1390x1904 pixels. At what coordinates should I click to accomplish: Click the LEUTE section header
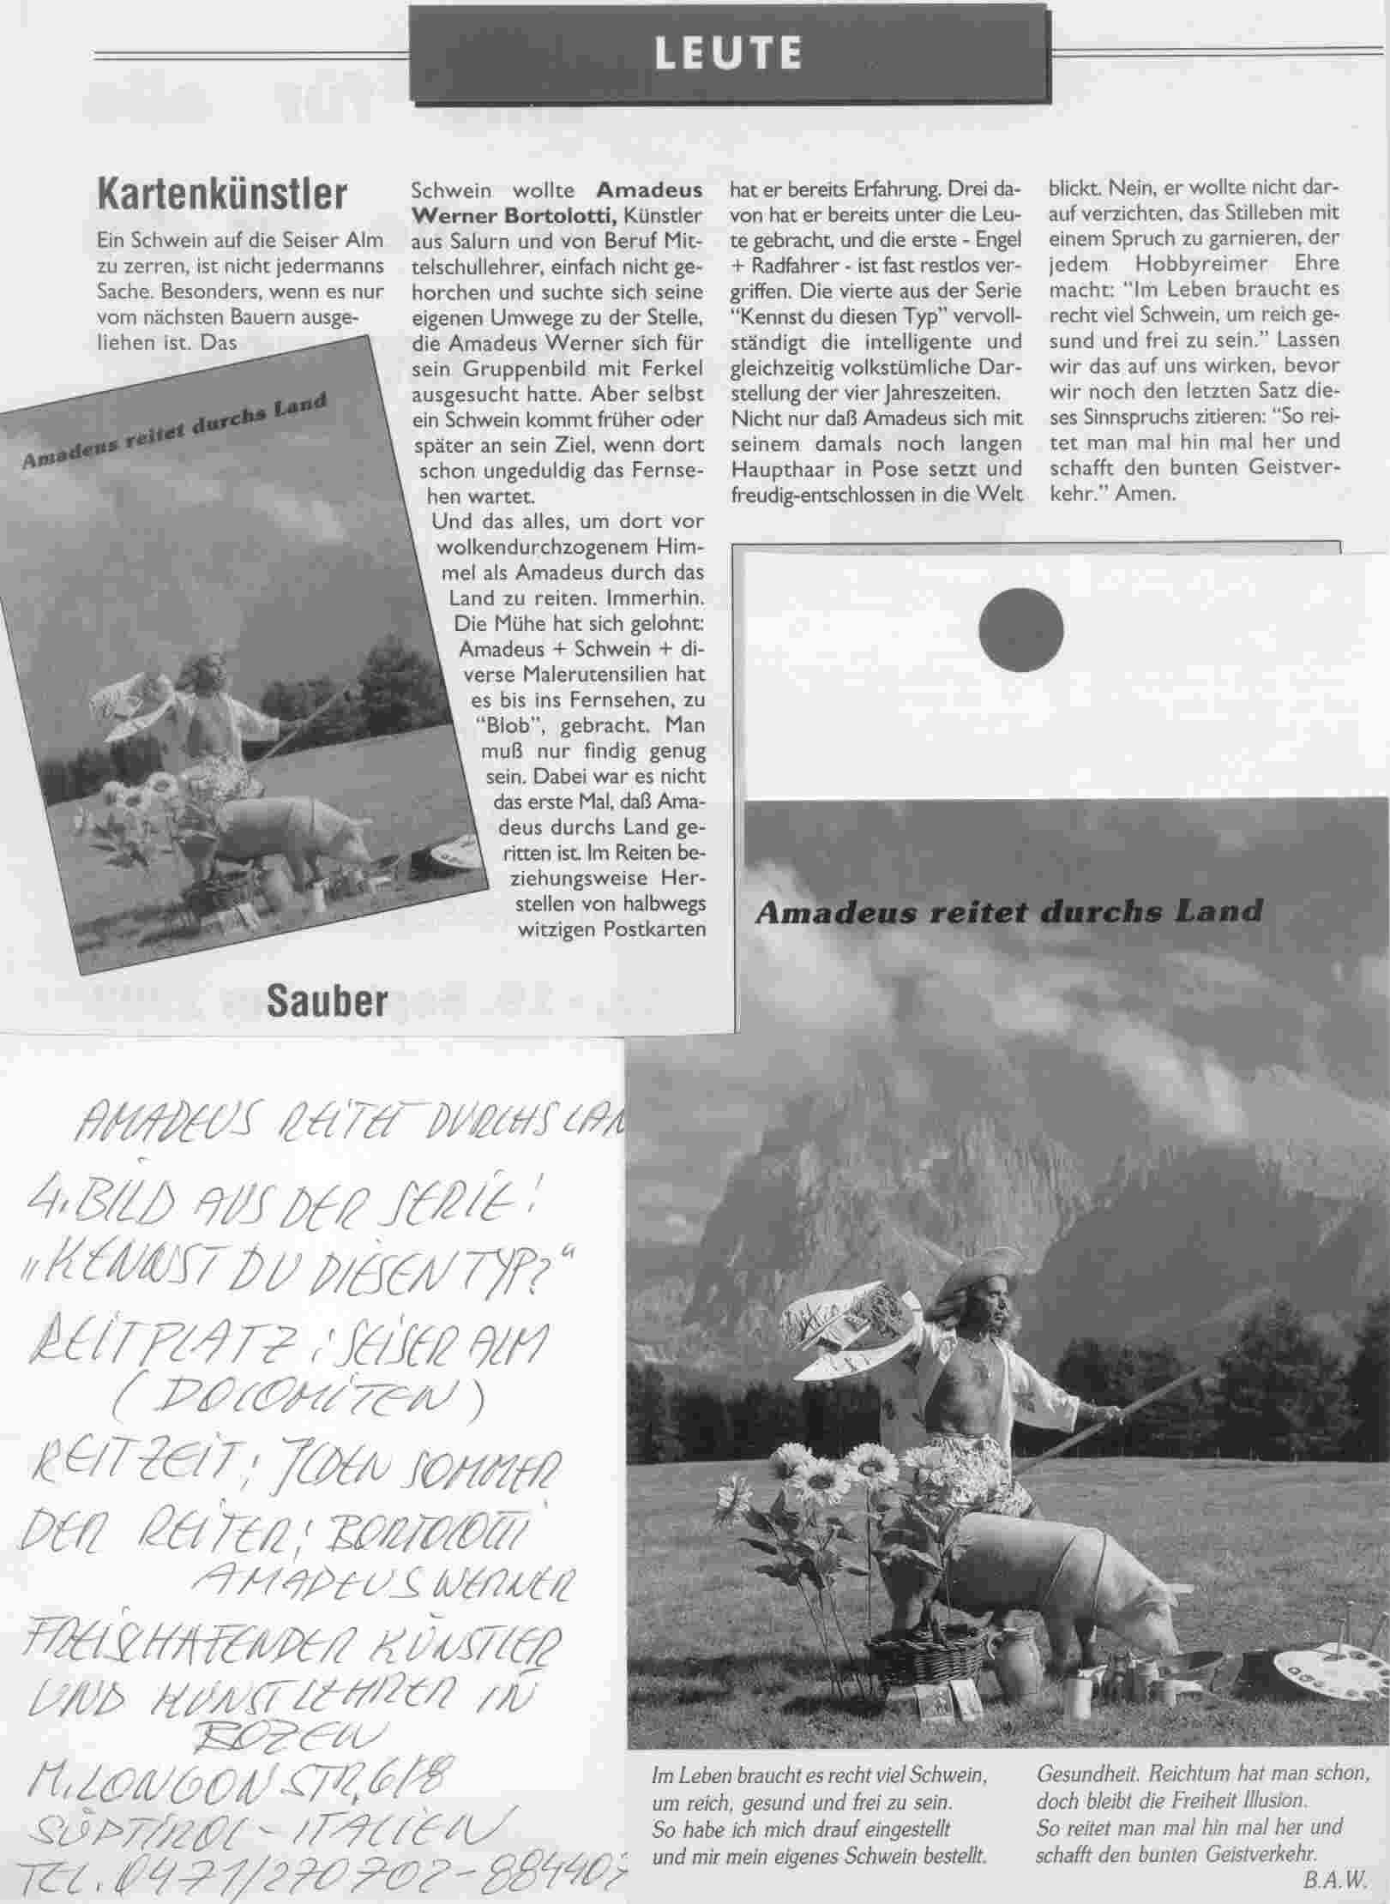point(729,53)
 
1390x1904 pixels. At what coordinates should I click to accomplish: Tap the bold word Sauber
point(328,1000)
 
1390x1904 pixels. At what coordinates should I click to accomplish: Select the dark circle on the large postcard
point(1020,632)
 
